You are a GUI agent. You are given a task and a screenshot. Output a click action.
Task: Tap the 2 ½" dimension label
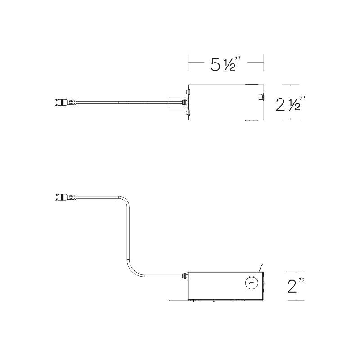tap(291, 104)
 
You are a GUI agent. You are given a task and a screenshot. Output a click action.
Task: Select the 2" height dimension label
tap(296, 285)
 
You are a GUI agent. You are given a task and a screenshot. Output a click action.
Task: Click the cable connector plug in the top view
tap(65, 103)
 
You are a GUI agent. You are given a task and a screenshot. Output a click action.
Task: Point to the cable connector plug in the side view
tap(65, 197)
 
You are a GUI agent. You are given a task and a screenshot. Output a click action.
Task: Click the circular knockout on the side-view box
tap(252, 283)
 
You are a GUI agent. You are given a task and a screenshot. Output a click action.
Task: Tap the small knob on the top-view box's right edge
tap(261, 97)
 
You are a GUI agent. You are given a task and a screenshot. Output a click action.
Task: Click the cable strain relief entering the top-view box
tap(184, 103)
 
